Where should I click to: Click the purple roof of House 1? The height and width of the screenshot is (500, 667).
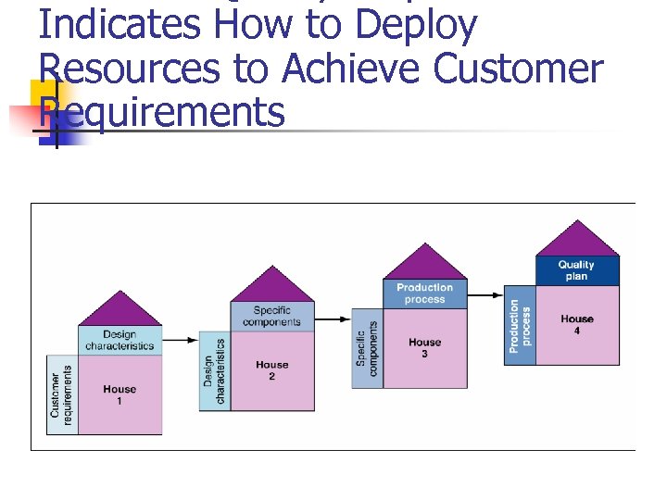click(x=120, y=311)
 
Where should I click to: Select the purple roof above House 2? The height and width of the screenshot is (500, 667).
click(x=271, y=287)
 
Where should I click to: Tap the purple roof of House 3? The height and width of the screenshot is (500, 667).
click(x=424, y=265)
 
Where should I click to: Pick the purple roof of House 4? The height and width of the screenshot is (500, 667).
click(x=577, y=241)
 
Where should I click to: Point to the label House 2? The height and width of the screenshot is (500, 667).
click(x=271, y=370)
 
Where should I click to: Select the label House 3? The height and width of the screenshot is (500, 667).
click(x=424, y=347)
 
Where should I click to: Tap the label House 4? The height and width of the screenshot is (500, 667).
click(x=577, y=324)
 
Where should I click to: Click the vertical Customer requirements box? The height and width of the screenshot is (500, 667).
click(x=61, y=394)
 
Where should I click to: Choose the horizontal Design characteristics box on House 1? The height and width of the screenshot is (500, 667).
click(x=120, y=340)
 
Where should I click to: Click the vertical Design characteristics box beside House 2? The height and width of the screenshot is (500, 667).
click(x=214, y=370)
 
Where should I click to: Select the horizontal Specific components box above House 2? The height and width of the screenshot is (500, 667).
click(x=271, y=317)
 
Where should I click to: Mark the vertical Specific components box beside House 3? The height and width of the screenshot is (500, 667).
click(x=367, y=347)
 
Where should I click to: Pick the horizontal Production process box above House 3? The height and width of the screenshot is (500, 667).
click(x=424, y=294)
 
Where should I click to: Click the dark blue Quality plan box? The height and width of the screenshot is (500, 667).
click(x=577, y=270)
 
